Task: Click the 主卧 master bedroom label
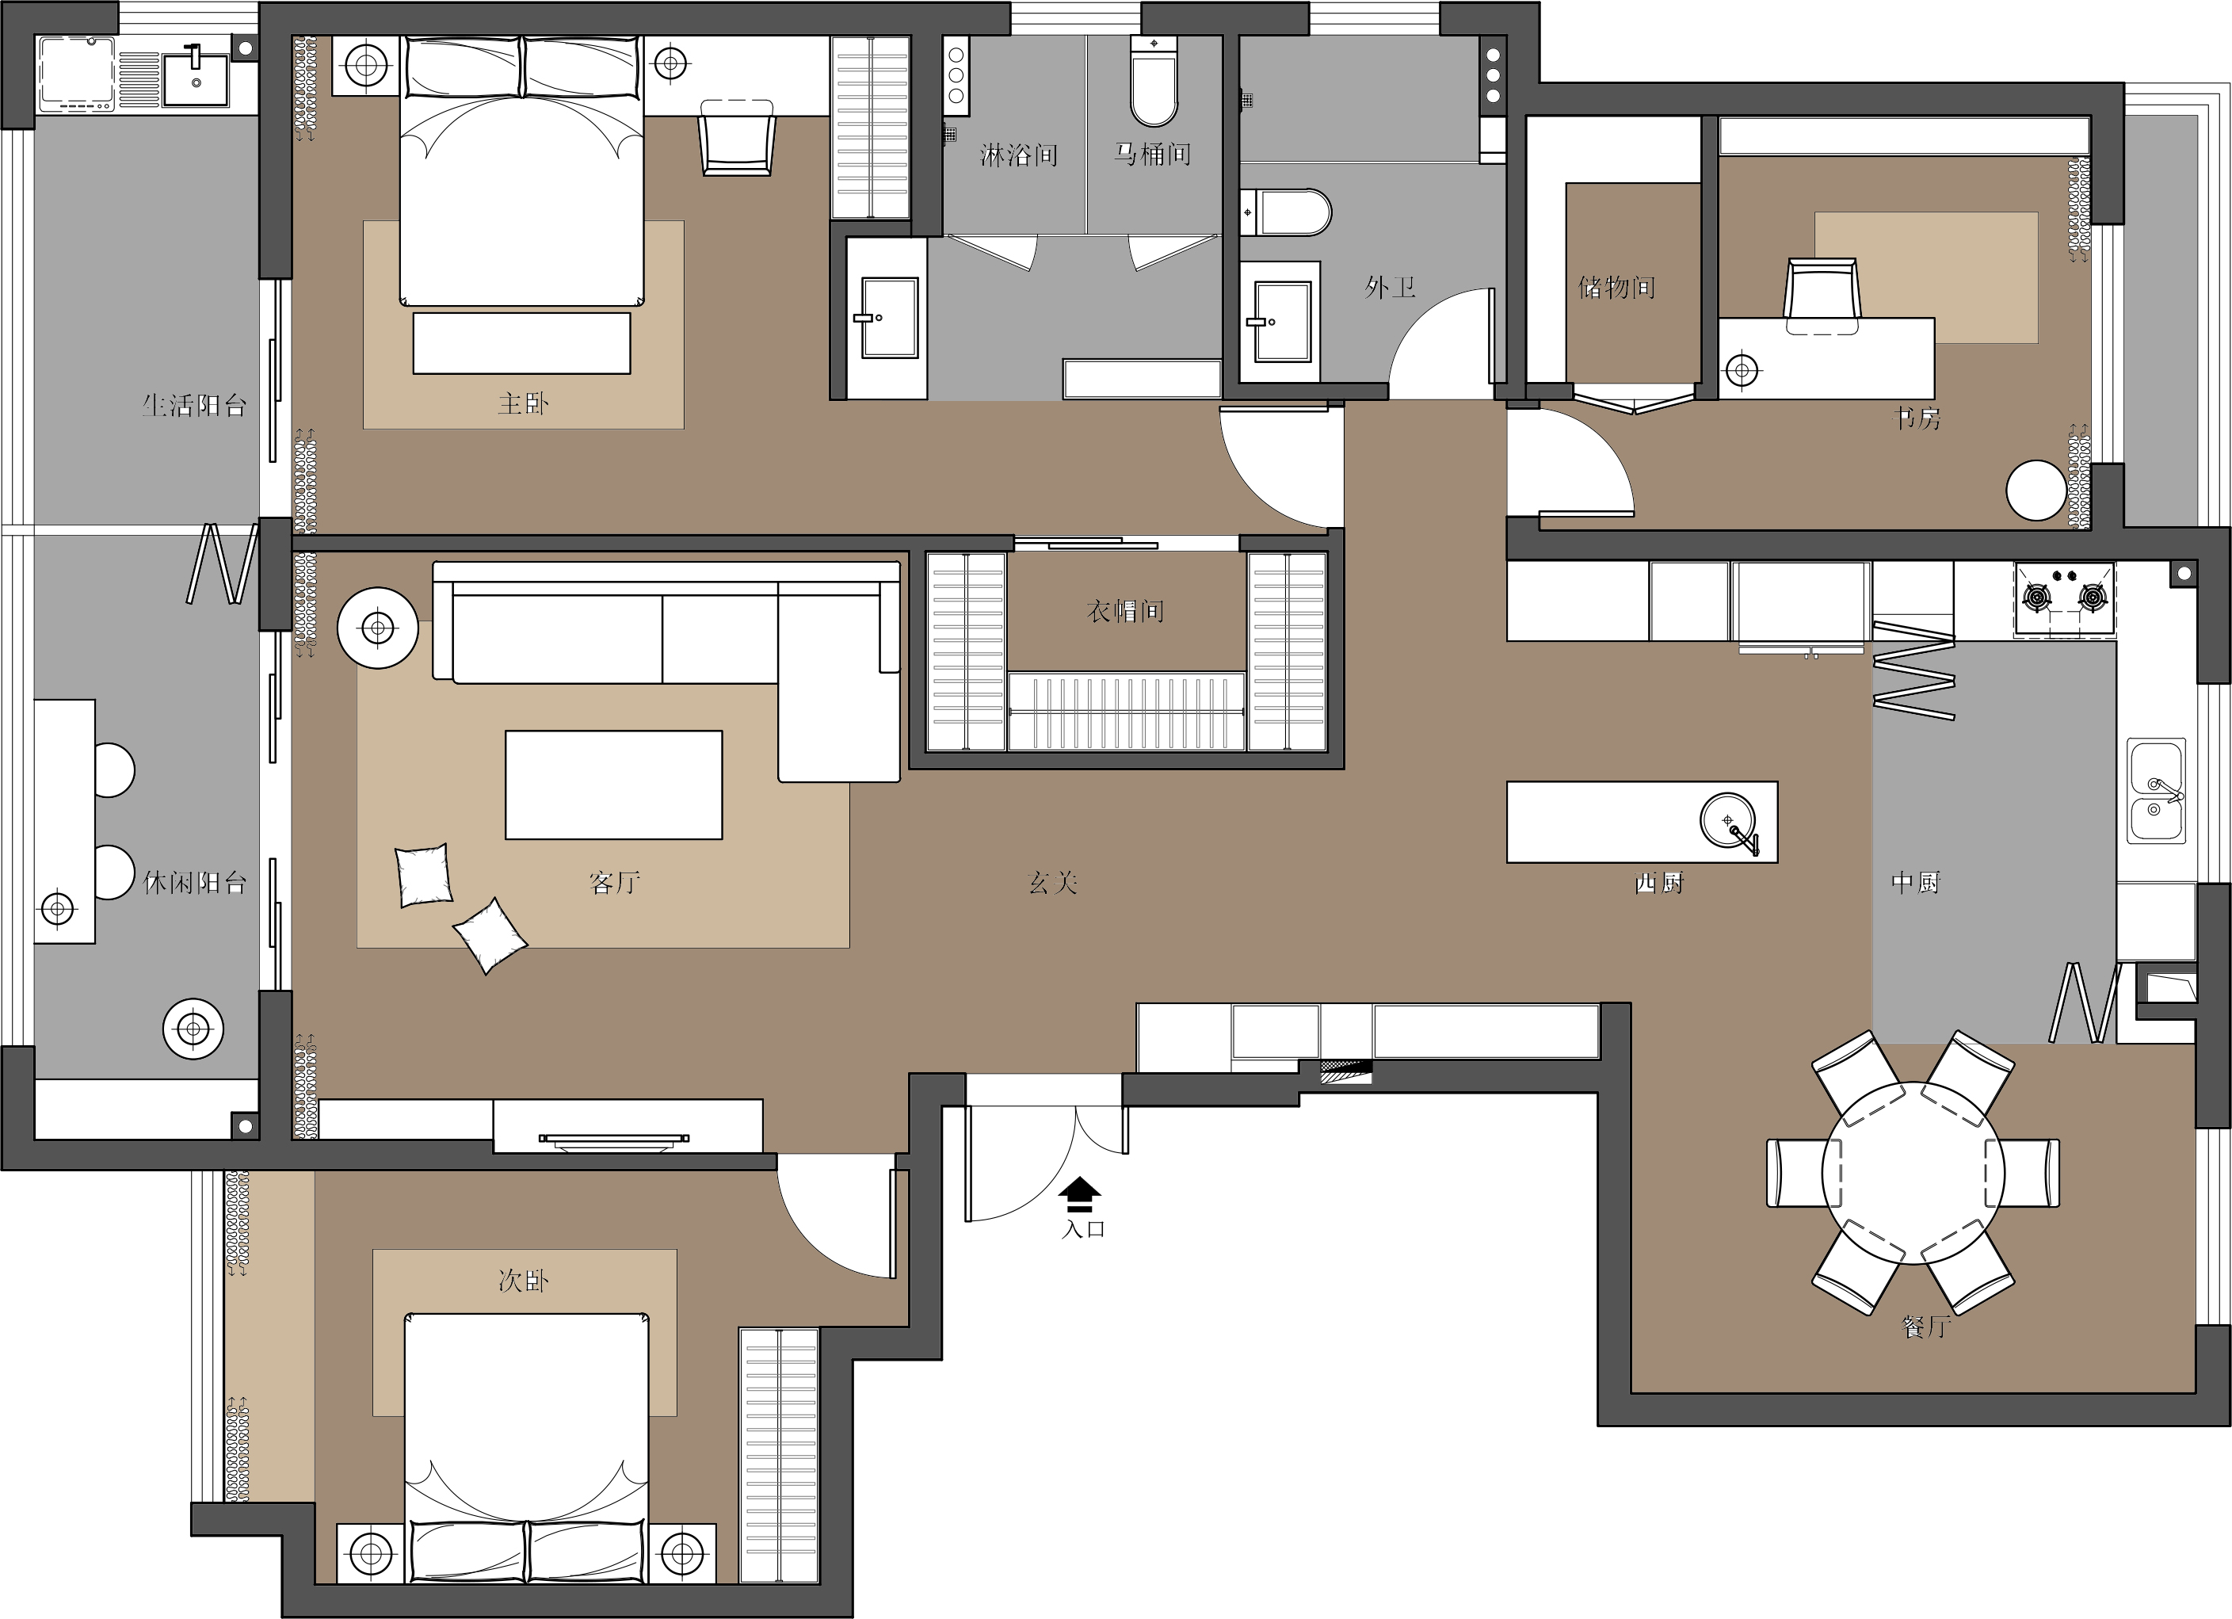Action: [x=523, y=403]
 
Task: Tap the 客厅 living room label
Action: [x=615, y=883]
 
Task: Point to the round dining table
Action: [x=1913, y=1172]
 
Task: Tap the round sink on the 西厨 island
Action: [x=1727, y=820]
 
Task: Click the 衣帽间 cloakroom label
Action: [x=1125, y=611]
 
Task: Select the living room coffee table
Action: [x=614, y=785]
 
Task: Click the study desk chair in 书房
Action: [x=1822, y=296]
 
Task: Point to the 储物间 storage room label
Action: [x=1617, y=288]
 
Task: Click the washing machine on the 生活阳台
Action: [x=77, y=74]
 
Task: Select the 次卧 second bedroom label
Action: [x=523, y=1281]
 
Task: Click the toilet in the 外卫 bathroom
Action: [x=1285, y=212]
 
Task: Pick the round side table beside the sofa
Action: [x=378, y=628]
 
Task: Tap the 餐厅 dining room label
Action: [x=1926, y=1327]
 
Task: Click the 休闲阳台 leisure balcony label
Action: [x=194, y=883]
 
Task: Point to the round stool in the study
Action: [x=2036, y=490]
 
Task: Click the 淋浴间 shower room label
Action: [x=1019, y=155]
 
